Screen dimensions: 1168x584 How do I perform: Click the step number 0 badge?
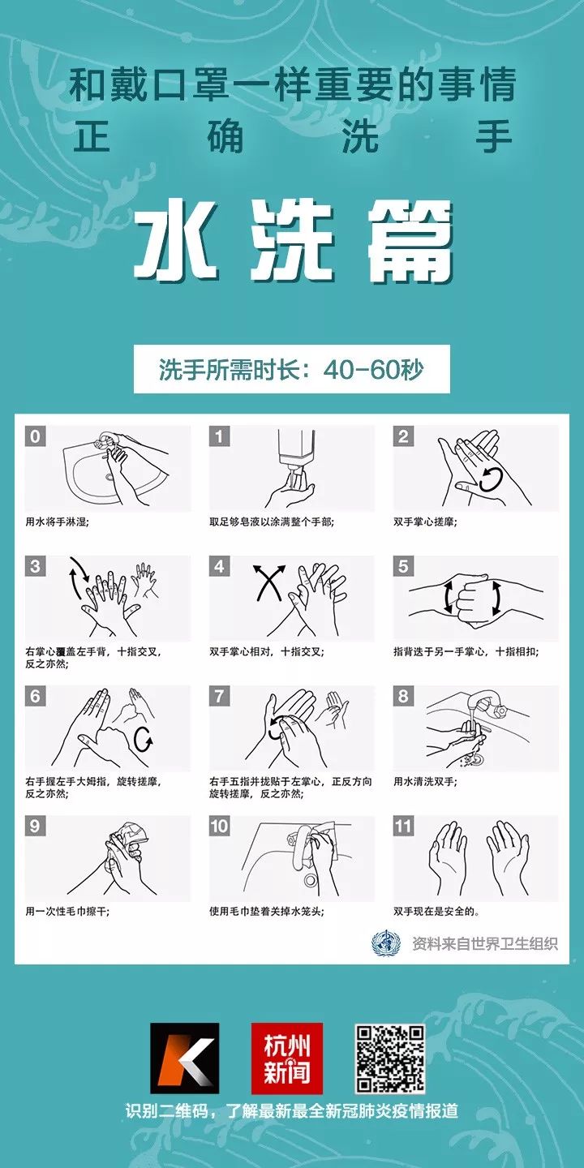[35, 437]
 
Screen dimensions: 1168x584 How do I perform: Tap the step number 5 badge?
[404, 566]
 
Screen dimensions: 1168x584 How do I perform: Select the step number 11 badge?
[404, 827]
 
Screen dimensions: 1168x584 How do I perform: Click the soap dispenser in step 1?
[297, 449]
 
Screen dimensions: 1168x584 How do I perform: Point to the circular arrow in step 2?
[492, 479]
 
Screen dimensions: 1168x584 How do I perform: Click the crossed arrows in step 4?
[269, 582]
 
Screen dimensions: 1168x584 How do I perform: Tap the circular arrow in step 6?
[145, 738]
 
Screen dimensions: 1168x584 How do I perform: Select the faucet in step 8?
[487, 706]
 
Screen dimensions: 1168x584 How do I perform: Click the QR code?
[390, 1058]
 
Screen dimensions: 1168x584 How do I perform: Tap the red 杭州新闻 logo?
[286, 1058]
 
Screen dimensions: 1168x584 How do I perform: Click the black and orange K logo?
[183, 1058]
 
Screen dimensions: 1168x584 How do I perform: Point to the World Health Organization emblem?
[386, 943]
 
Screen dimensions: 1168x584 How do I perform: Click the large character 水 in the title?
[176, 242]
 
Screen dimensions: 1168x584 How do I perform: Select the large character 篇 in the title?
[408, 242]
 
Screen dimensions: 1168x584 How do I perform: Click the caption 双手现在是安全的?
[436, 911]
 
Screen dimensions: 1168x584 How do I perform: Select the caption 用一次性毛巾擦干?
[67, 911]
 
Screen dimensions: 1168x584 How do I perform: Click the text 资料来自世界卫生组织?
[485, 943]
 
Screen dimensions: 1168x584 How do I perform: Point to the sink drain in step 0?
[109, 477]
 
